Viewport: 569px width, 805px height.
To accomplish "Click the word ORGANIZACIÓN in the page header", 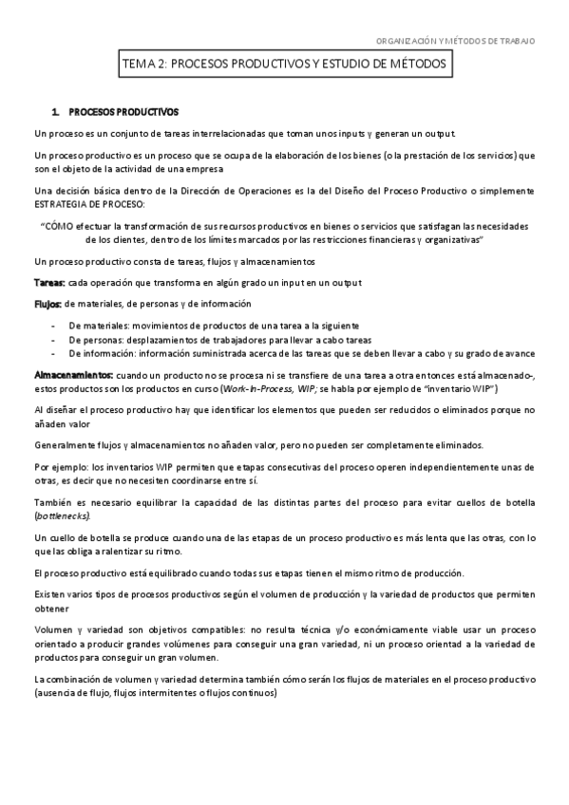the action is (x=407, y=41).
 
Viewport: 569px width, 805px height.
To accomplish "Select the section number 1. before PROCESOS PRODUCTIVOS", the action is (x=57, y=111).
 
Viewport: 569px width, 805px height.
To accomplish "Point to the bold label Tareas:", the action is (x=48, y=283).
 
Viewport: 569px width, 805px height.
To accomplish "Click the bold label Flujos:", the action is (x=47, y=304).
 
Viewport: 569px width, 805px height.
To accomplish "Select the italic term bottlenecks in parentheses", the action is (x=63, y=515).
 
